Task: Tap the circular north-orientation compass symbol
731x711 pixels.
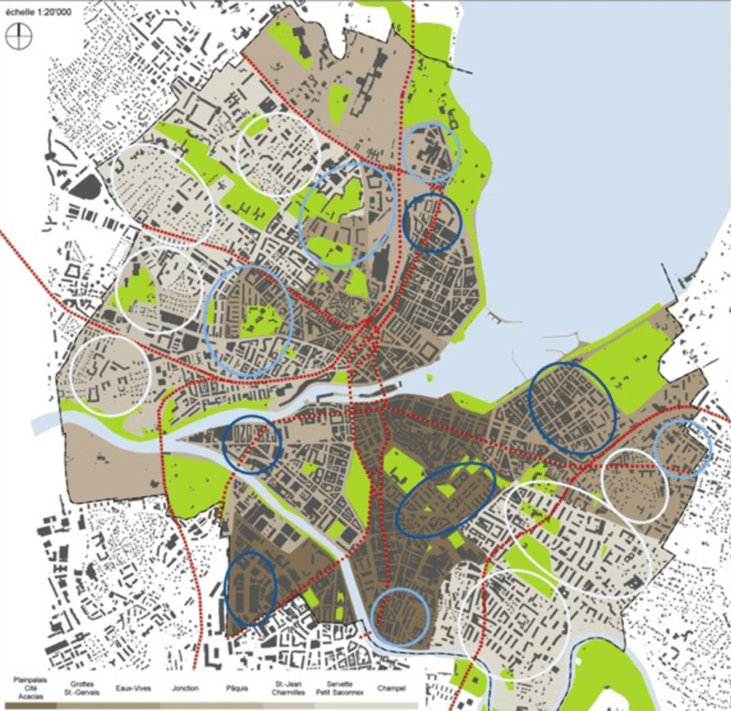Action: tap(19, 37)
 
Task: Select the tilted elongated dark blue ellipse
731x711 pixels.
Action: tap(446, 500)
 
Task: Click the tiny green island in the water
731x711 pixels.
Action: tap(430, 378)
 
